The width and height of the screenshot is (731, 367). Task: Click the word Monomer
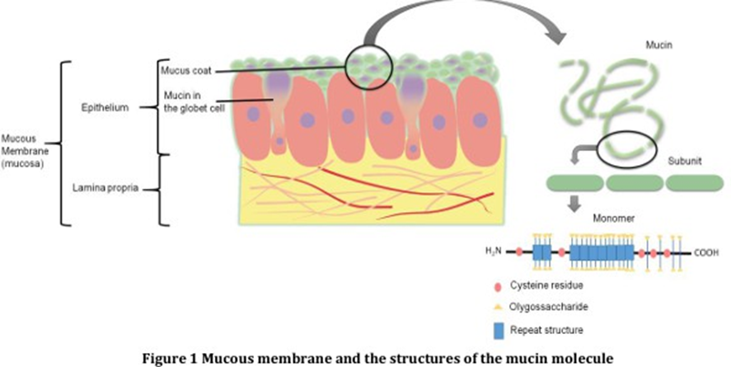point(612,221)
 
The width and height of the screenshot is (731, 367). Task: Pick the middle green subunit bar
point(634,182)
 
